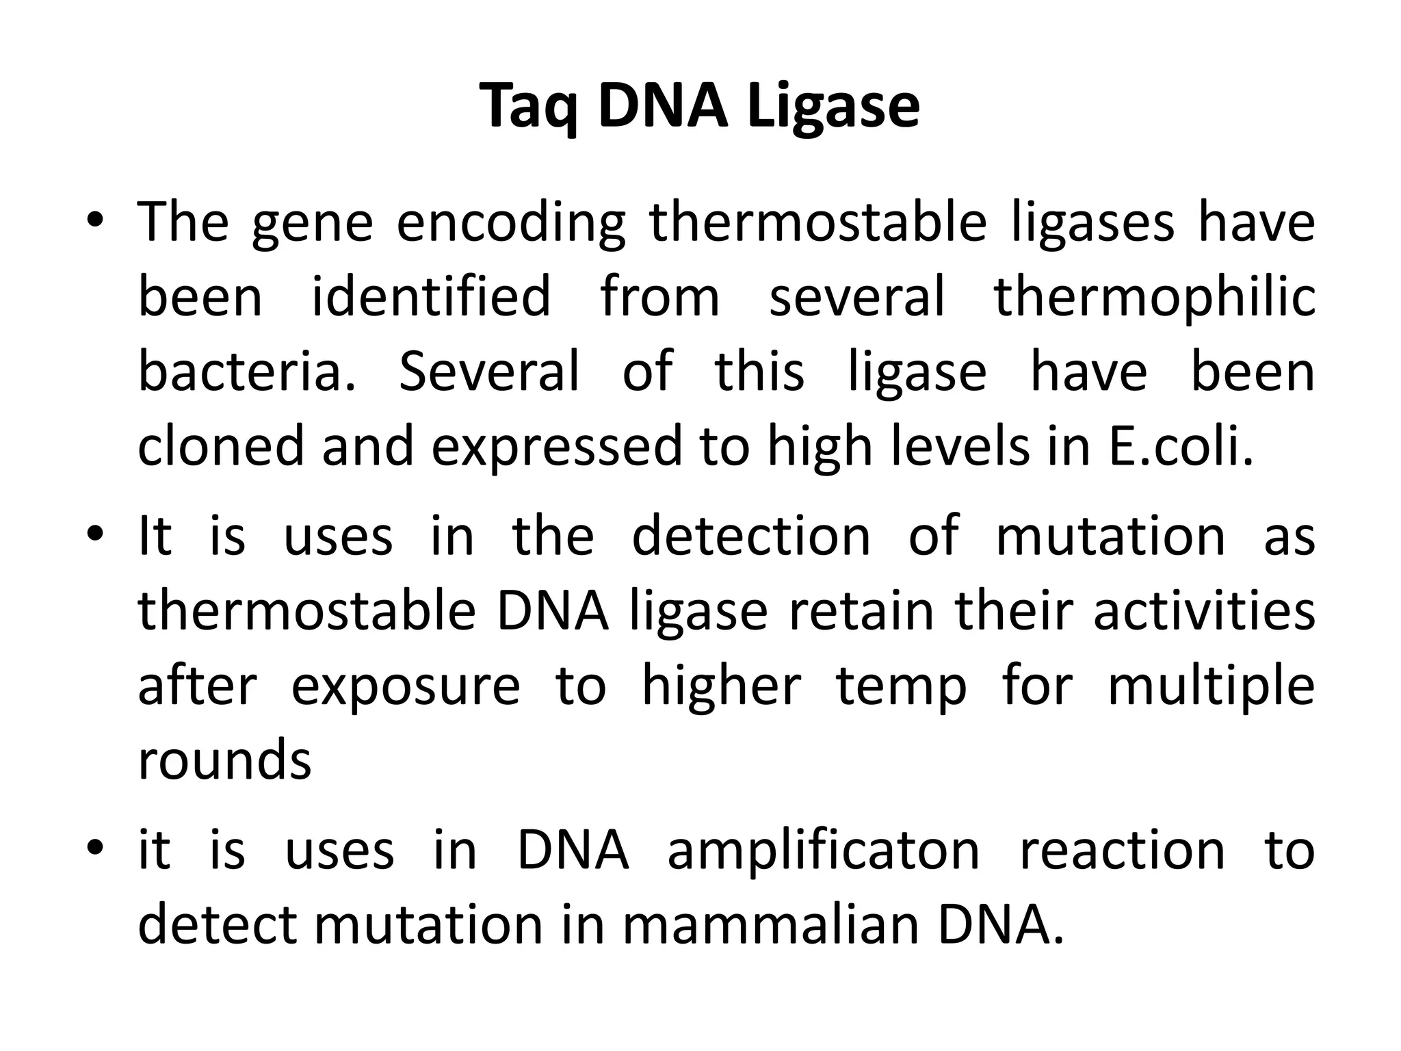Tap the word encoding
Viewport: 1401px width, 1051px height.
point(510,223)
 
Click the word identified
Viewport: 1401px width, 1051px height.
point(431,296)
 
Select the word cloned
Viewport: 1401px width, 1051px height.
point(220,445)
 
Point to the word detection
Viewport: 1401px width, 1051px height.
point(750,536)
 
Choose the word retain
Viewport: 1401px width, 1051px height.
point(861,610)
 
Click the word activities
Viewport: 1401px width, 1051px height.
point(1204,610)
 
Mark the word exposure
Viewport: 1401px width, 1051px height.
point(406,686)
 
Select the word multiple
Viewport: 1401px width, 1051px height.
point(1211,686)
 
